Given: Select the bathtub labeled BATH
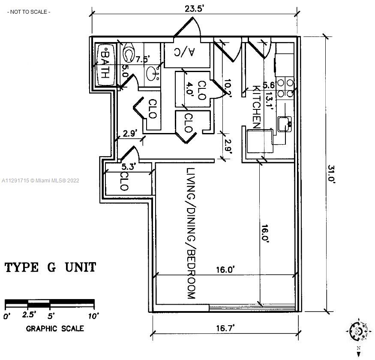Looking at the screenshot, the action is (x=106, y=64).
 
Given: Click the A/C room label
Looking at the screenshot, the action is (x=184, y=52).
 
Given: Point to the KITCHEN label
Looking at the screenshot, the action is (x=256, y=107).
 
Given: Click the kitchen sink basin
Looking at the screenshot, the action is (x=285, y=124).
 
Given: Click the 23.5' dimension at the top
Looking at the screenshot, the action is (x=194, y=9).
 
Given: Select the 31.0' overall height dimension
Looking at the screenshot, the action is (x=331, y=174).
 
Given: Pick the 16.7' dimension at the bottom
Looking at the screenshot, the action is (x=225, y=328).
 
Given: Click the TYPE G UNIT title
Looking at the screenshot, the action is (x=51, y=267).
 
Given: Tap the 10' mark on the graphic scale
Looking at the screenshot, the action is (x=93, y=316).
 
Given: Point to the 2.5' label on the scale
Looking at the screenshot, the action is (x=29, y=315).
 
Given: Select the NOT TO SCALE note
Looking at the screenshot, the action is (x=29, y=12).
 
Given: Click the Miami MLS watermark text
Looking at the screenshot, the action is (x=40, y=180).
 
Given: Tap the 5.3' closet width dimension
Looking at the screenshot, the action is (x=129, y=166).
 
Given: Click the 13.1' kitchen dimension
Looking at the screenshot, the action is (x=270, y=100).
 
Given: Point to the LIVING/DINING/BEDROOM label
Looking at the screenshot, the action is (x=191, y=233).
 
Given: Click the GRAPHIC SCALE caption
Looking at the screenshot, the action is (x=55, y=328).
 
